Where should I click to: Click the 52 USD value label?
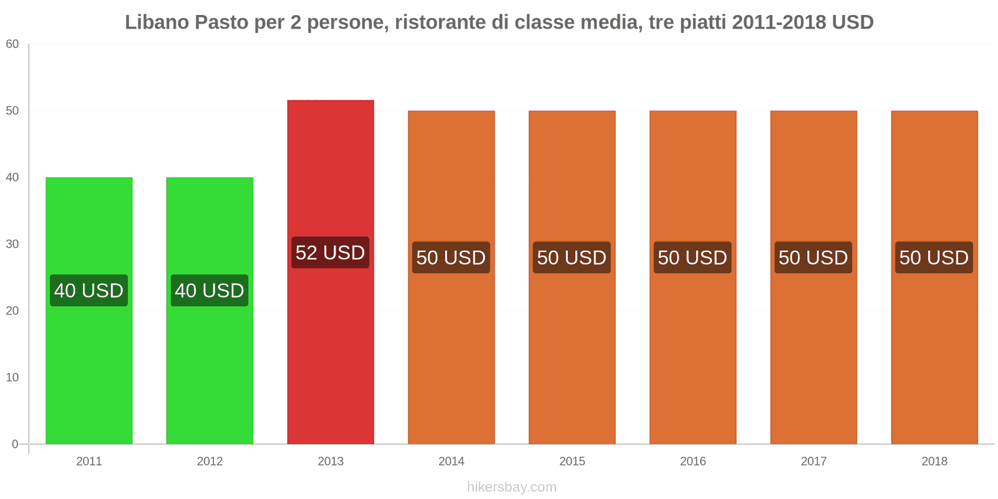330,253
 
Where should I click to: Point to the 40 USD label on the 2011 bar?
89,291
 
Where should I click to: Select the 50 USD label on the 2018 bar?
934,258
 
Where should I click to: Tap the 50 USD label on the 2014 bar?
451,258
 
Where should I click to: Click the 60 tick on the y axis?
12,44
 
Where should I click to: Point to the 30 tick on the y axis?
12,244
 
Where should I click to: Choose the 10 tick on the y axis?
12,377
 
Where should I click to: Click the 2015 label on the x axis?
572,462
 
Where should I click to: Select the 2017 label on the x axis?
813,462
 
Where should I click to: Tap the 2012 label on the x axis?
210,462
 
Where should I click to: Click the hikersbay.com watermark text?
511,487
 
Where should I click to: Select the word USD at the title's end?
852,22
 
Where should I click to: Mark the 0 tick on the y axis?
15,444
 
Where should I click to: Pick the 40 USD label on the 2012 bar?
210,291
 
